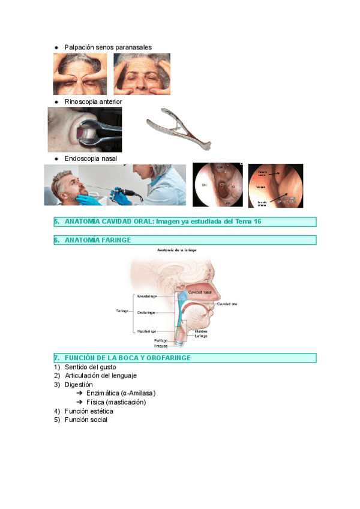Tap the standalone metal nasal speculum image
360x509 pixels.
[x=178, y=128]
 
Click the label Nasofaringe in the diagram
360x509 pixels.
[x=147, y=297]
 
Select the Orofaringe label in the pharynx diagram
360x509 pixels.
[x=146, y=313]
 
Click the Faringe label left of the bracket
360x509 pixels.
[x=122, y=311]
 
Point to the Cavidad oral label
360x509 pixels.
[x=227, y=304]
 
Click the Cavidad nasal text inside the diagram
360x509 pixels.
[x=200, y=292]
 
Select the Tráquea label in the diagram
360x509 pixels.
[x=160, y=346]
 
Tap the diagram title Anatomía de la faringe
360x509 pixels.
[x=177, y=249]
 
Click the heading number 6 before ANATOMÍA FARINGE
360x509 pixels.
[x=56, y=240]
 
